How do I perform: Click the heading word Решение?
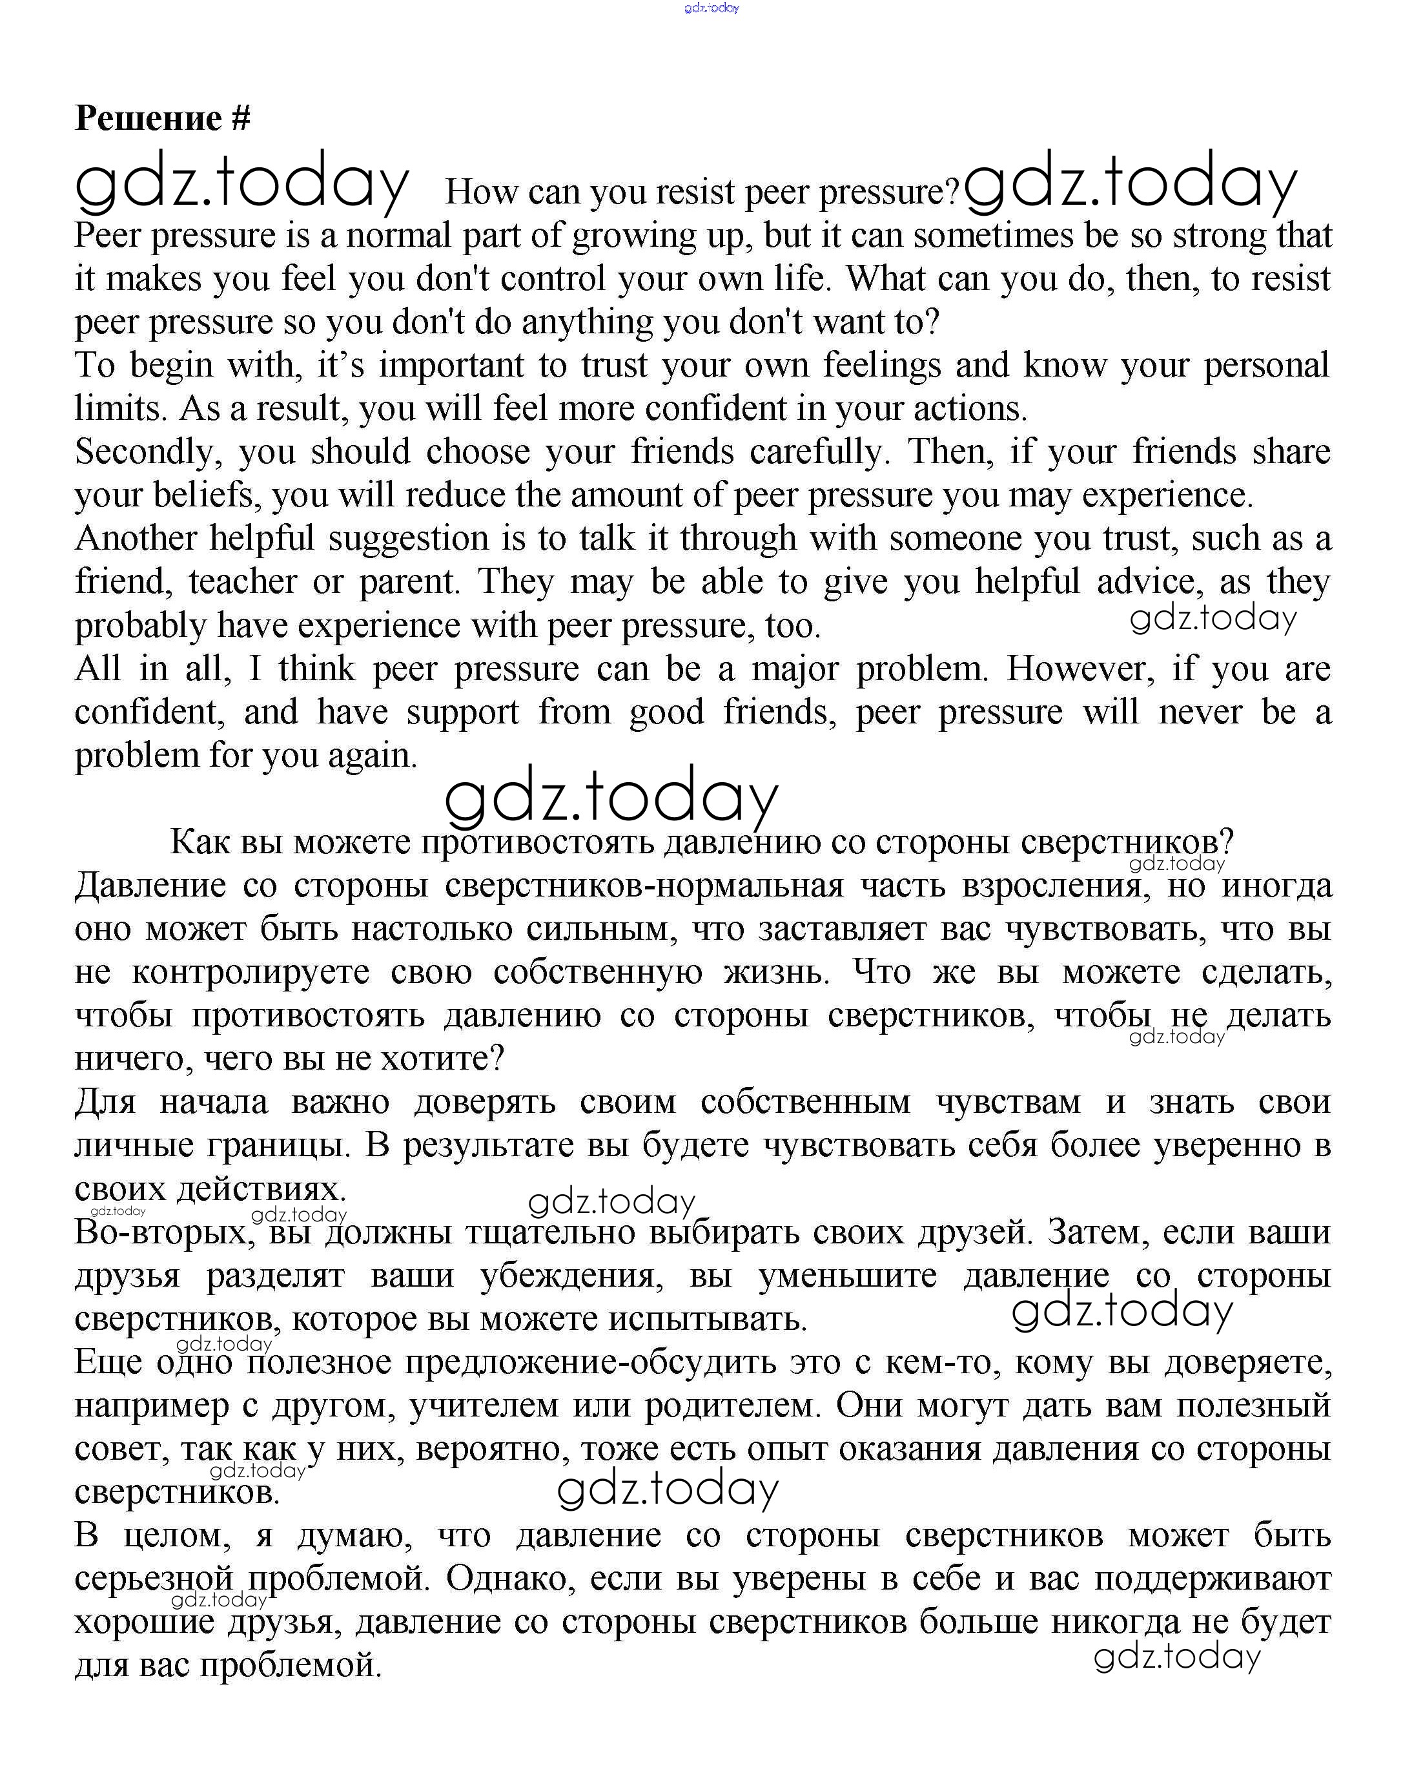point(148,118)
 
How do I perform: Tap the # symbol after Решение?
point(240,118)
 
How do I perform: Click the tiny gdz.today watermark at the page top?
point(711,8)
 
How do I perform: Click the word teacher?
point(242,583)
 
